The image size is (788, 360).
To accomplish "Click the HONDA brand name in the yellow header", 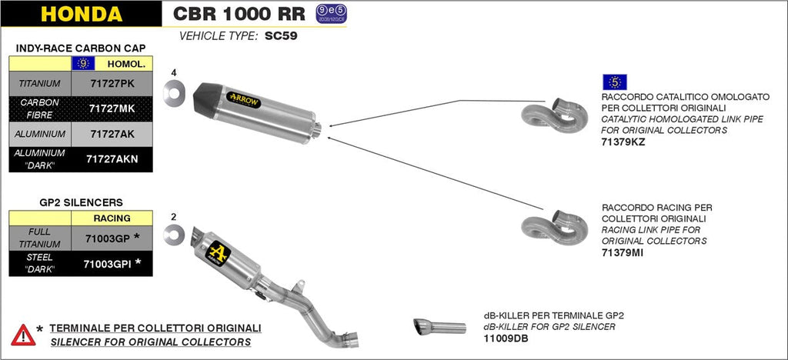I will point(81,14).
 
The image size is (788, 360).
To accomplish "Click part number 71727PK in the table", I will point(112,83).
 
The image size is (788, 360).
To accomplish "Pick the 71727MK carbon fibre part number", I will point(112,108).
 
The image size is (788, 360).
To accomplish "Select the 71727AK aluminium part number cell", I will point(112,134).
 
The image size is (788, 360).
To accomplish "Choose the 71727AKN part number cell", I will point(112,159).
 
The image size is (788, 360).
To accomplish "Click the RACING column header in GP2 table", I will point(112,218).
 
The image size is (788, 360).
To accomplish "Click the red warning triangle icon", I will point(23,335).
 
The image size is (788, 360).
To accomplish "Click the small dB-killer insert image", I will point(439,327).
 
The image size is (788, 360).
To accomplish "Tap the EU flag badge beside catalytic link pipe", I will point(615,82).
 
